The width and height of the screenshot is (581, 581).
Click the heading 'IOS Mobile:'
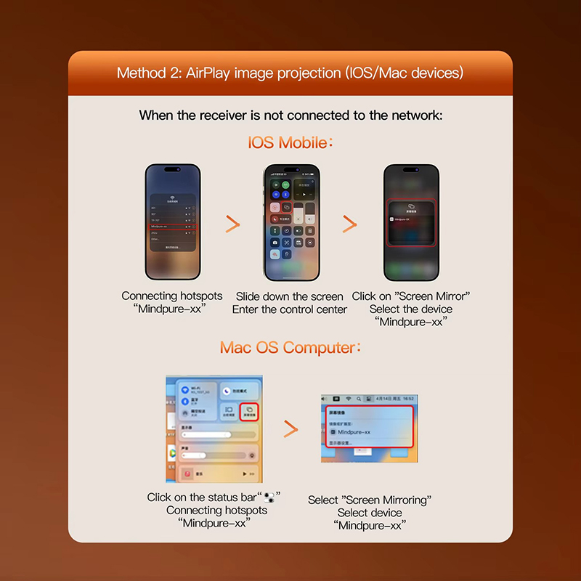[290, 141]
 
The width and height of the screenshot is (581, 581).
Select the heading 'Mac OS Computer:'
[290, 347]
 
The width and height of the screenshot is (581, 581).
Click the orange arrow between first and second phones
[232, 224]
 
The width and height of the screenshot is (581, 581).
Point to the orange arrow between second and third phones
[350, 224]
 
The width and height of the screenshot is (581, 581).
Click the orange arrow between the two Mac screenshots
[290, 429]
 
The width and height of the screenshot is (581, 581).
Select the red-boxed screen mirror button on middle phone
[287, 207]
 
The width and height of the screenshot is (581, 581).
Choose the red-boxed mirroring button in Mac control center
[248, 412]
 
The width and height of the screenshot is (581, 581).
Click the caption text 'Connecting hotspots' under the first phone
[170, 296]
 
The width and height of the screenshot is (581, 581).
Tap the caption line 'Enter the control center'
[290, 309]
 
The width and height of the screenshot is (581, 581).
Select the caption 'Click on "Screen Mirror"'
[410, 296]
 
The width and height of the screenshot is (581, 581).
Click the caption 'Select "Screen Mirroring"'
[370, 500]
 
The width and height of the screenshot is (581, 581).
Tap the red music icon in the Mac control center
[187, 473]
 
